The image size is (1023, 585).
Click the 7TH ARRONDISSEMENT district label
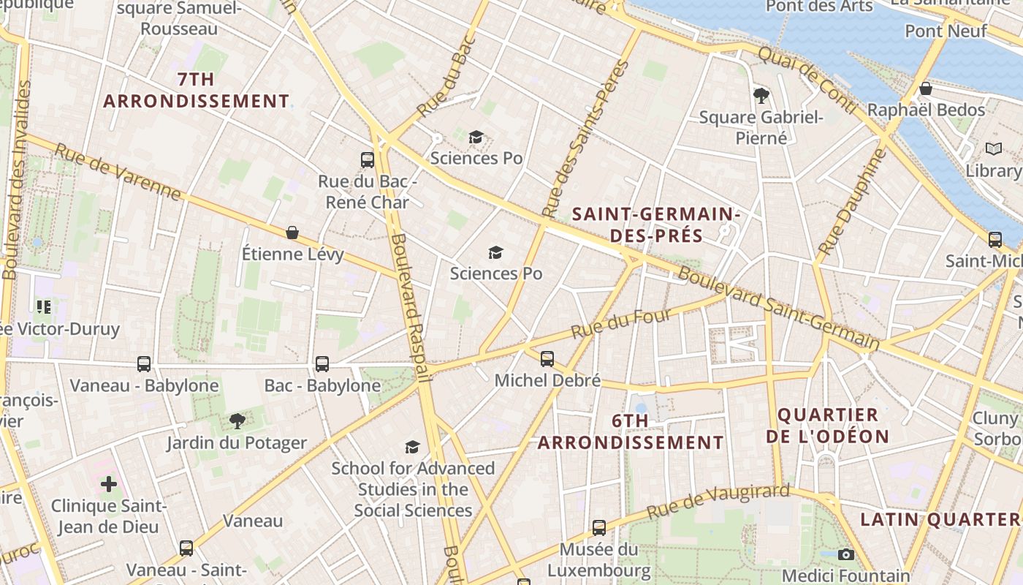[196, 90]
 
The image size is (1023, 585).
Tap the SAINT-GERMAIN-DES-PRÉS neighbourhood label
[656, 224]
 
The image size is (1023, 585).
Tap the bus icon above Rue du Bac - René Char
[368, 159]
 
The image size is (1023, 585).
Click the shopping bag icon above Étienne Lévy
[292, 233]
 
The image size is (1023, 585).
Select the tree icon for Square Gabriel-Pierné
[761, 95]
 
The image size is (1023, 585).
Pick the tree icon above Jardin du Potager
[237, 420]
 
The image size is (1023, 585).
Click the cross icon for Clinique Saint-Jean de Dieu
[109, 483]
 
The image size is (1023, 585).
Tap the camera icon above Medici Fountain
[846, 554]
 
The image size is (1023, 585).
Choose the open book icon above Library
[993, 149]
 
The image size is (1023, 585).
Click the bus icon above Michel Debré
[547, 358]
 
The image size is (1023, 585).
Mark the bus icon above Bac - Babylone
[322, 363]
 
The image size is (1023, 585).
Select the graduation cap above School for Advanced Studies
[413, 447]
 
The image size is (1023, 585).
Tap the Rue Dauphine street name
[852, 202]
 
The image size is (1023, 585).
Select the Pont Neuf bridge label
[946, 31]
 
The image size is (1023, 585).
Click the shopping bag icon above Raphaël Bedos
[926, 88]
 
